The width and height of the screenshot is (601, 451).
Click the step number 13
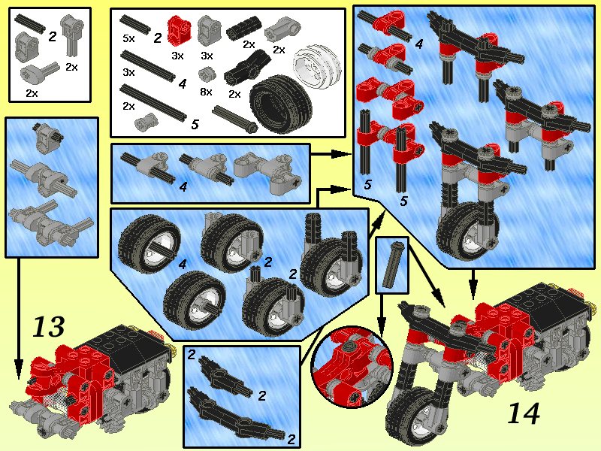(x=48, y=328)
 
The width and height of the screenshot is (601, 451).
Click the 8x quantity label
(x=205, y=91)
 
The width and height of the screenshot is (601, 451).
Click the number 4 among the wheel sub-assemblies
(x=183, y=265)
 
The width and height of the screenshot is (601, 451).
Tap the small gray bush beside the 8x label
(x=207, y=75)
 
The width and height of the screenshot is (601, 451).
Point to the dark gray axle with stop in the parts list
(x=235, y=117)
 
